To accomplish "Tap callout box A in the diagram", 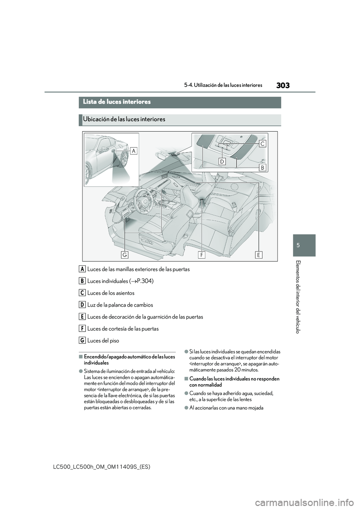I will pyautogui.click(x=134, y=150).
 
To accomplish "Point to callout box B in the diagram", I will pyautogui.click(x=262, y=167).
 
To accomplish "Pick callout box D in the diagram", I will pyautogui.click(x=222, y=161).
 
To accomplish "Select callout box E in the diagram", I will pyautogui.click(x=259, y=255).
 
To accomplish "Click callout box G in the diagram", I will pyautogui.click(x=125, y=255).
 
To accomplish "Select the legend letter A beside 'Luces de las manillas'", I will pyautogui.click(x=82, y=269).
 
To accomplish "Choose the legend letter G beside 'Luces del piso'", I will pyautogui.click(x=82, y=341).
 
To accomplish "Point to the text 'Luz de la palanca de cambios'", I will pyautogui.click(x=120, y=305).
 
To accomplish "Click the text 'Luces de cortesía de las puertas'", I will pyautogui.click(x=123, y=329).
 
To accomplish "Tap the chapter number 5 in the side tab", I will pyautogui.click(x=305, y=245).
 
